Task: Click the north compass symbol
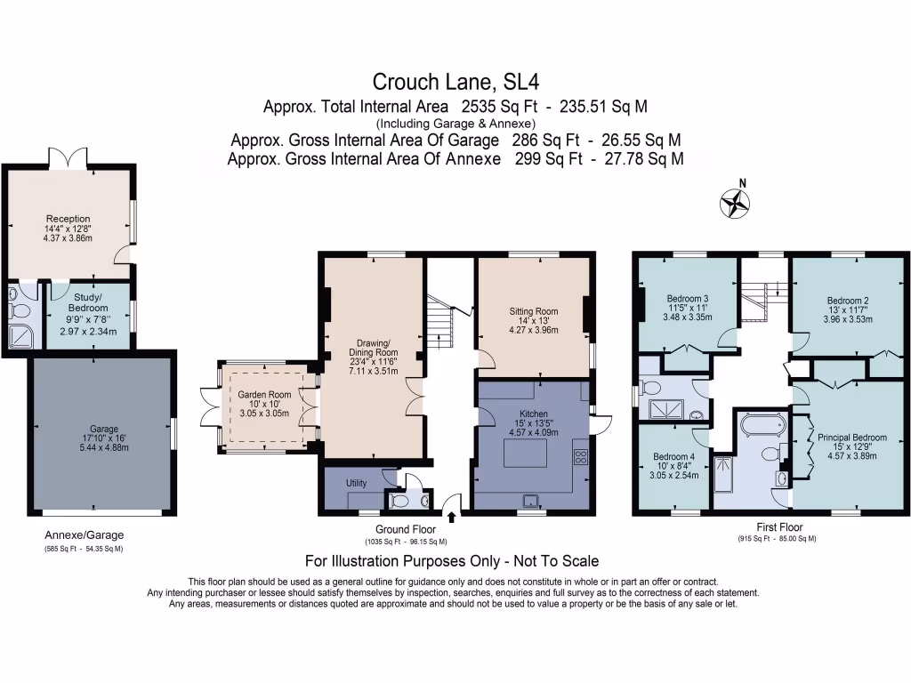[735, 204]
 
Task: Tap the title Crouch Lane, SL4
[455, 83]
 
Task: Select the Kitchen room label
[533, 414]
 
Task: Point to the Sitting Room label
[533, 311]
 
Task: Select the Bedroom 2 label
[846, 301]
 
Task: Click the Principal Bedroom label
[852, 438]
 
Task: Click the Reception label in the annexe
[69, 219]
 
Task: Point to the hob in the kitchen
[580, 458]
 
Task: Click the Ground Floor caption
[405, 528]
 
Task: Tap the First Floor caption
[776, 526]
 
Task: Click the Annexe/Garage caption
[85, 535]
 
